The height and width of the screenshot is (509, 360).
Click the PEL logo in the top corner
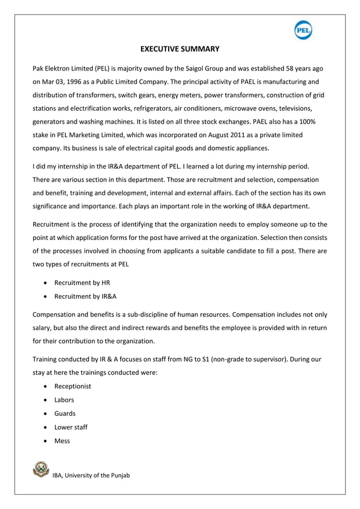[303, 29]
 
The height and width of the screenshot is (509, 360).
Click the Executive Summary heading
[179, 49]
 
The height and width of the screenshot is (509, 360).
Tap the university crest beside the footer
[41, 469]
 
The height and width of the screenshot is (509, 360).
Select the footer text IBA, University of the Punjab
[91, 476]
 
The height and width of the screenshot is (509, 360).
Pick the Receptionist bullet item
[73, 387]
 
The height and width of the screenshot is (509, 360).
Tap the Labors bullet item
[64, 400]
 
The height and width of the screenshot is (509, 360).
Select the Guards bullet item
[65, 414]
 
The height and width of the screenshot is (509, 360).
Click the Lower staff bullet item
[71, 427]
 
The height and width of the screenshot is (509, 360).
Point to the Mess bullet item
[62, 441]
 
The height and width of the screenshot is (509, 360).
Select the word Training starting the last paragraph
[46, 359]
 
